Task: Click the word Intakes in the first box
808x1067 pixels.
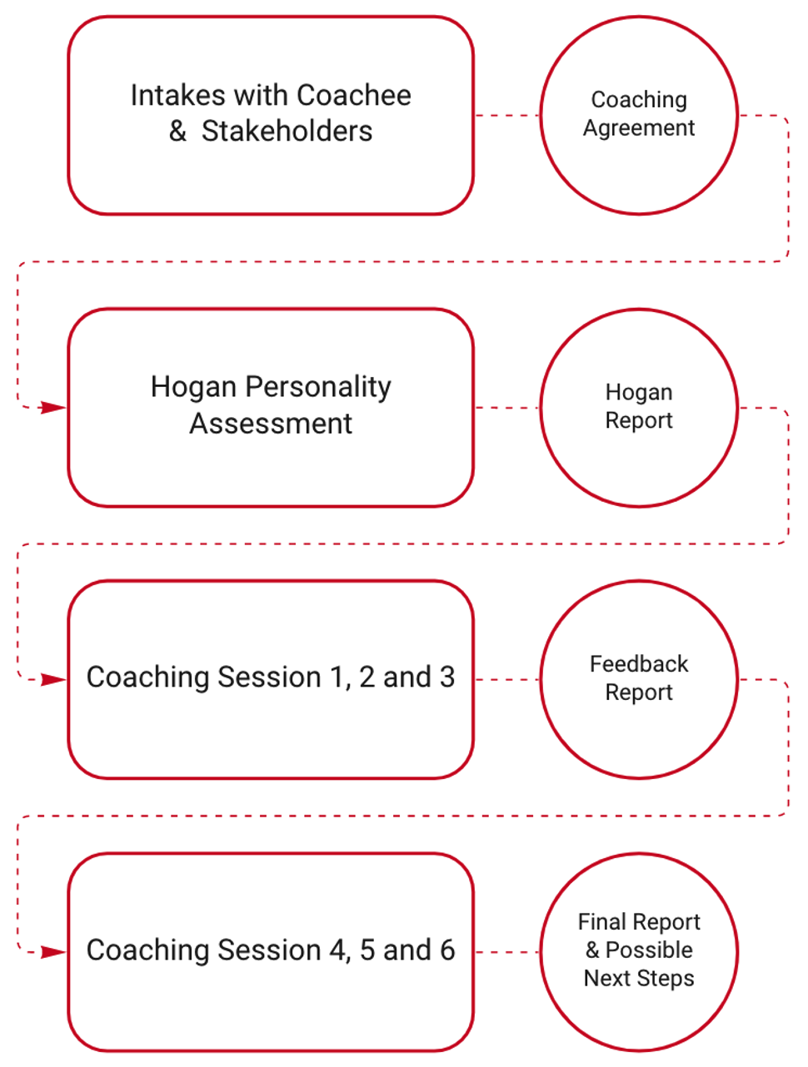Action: [x=177, y=95]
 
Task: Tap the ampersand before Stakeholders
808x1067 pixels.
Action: [x=177, y=132]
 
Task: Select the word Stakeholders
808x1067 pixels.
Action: [x=287, y=132]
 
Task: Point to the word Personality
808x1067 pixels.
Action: [x=318, y=388]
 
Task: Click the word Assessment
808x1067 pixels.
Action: [x=271, y=424]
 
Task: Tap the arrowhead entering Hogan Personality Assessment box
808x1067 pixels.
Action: [x=53, y=407]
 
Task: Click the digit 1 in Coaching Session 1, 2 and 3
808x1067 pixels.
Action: [x=337, y=677]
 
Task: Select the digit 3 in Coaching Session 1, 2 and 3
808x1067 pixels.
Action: [x=447, y=677]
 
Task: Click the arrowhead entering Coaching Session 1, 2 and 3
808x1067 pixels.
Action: [x=53, y=680]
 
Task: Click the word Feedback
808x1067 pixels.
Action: [x=639, y=664]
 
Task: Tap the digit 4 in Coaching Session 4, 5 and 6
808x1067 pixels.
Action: [x=337, y=950]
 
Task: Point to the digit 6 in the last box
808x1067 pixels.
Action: [x=447, y=950]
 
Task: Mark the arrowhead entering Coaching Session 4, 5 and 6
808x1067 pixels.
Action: [x=53, y=952]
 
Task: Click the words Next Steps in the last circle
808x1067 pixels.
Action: [x=639, y=979]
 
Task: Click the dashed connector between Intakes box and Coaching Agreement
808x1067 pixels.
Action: [x=507, y=115]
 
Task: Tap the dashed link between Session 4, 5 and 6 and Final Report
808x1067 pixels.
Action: [x=507, y=952]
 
